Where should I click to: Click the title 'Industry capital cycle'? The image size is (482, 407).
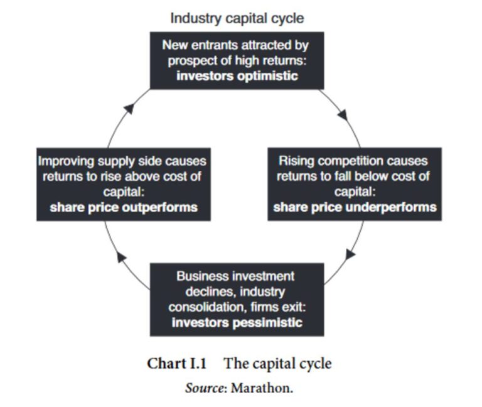(237, 18)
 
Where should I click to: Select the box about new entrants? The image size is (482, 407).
(237, 60)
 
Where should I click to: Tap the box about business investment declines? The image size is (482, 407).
(237, 299)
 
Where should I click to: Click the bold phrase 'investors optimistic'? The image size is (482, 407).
(237, 77)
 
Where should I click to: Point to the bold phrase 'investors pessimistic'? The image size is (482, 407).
(237, 323)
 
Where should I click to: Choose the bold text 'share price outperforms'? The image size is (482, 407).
(123, 207)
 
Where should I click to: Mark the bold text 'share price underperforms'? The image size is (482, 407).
(355, 207)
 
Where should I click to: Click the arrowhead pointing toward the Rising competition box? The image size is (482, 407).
(343, 115)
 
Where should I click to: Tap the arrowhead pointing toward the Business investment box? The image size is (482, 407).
(350, 254)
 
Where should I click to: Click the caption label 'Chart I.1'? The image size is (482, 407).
(176, 364)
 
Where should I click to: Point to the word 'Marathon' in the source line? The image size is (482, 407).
(261, 388)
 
